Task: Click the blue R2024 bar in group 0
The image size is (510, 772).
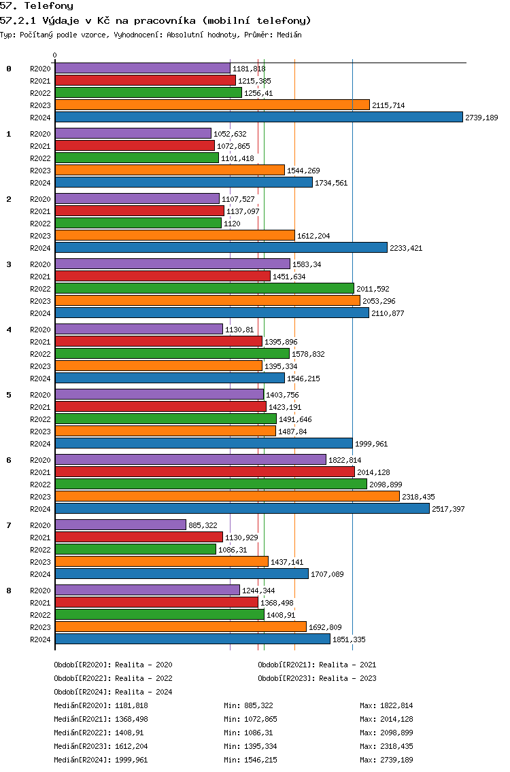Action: [x=259, y=117]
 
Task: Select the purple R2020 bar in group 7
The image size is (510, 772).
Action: [x=121, y=525]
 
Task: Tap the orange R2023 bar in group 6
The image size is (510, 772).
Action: [x=227, y=496]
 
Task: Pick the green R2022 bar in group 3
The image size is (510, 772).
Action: [x=205, y=289]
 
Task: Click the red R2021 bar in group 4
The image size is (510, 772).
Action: [x=158, y=341]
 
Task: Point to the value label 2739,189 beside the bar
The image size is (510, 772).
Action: [x=481, y=118]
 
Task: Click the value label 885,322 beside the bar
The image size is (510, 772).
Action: [x=203, y=525]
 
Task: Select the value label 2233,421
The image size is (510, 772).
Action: [x=406, y=248]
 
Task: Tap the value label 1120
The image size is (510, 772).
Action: [x=232, y=224]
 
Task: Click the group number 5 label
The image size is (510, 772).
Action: [x=9, y=395]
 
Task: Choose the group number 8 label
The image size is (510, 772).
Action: [x=9, y=591]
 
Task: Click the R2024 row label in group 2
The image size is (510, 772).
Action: [x=40, y=248]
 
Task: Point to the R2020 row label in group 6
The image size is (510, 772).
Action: [x=40, y=460]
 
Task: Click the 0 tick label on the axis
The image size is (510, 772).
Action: [x=54, y=56]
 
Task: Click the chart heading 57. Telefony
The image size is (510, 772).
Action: [x=37, y=6]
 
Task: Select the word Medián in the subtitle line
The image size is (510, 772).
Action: [x=289, y=35]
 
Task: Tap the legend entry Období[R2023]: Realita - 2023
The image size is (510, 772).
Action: [x=317, y=678]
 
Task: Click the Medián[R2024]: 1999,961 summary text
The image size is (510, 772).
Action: [x=101, y=760]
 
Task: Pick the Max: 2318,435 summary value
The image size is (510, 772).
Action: [x=386, y=746]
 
